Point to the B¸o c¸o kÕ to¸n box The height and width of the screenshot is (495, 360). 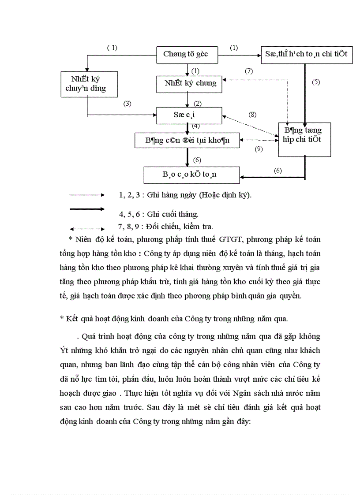(191, 175)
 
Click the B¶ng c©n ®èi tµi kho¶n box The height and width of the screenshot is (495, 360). (188, 140)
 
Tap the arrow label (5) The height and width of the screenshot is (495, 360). (315, 82)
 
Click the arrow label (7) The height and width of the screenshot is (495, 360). (248, 71)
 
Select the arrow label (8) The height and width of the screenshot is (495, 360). (252, 115)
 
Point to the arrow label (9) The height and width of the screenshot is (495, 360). (259, 149)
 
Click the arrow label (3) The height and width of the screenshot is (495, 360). (127, 104)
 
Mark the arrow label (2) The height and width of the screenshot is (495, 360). (197, 104)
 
